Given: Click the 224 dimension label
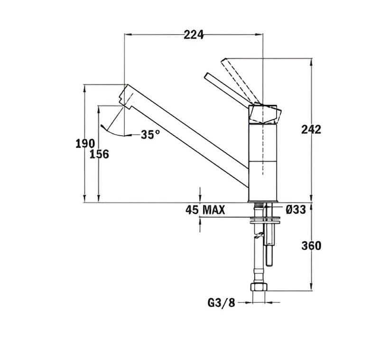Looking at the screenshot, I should [194, 35].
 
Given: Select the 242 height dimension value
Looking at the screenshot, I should [311, 129].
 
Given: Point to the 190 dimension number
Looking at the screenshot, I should [85, 143].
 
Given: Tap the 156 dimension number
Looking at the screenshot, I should [99, 154].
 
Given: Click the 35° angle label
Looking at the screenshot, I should [150, 135].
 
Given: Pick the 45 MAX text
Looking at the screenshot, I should [205, 210].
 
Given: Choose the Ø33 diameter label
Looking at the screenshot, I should [296, 210].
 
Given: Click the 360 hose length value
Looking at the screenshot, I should [311, 245].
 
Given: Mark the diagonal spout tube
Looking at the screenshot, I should [190, 133].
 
